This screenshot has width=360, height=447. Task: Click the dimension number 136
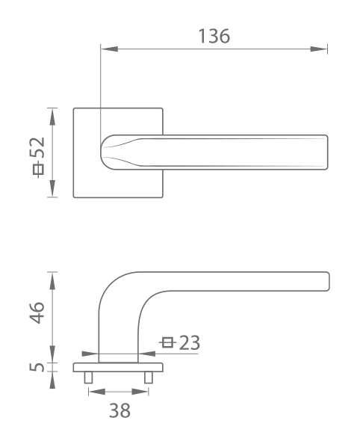click(x=214, y=36)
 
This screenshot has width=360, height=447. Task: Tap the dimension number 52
click(x=37, y=148)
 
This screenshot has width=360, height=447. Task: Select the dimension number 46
click(x=37, y=312)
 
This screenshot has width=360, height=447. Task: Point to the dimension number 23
click(x=190, y=342)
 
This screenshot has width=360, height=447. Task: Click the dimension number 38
click(x=120, y=411)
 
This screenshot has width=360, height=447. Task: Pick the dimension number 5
click(x=37, y=367)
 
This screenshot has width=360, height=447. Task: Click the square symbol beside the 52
click(x=38, y=169)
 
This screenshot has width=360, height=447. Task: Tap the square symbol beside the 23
click(x=167, y=342)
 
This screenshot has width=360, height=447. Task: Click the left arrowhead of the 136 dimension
click(x=109, y=49)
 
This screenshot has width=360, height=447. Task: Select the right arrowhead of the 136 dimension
click(x=319, y=49)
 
